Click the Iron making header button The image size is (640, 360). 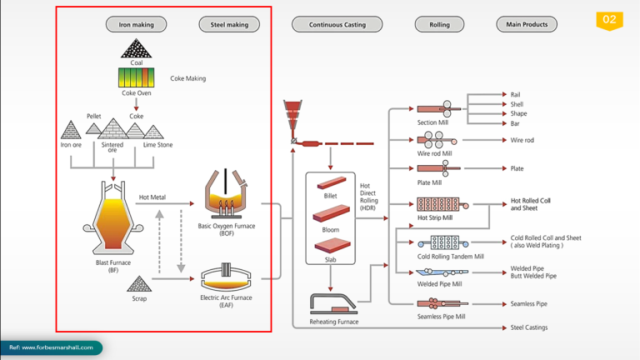coord(136,24)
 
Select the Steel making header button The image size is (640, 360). coord(229,24)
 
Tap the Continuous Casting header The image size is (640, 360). coord(337,24)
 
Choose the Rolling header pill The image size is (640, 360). coord(439,24)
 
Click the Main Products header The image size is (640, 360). coord(527,24)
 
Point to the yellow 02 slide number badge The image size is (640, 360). coord(609,20)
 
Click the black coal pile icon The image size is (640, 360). coord(136,49)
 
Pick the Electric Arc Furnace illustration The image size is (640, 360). coord(227,276)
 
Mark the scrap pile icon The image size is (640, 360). coord(139,285)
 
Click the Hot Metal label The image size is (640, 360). coord(152,197)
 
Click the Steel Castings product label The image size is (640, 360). coord(529,327)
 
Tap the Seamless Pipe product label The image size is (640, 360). coord(529,304)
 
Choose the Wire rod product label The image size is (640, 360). coord(522,140)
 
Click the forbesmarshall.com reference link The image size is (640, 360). coord(52,347)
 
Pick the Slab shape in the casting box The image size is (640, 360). coord(331,246)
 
